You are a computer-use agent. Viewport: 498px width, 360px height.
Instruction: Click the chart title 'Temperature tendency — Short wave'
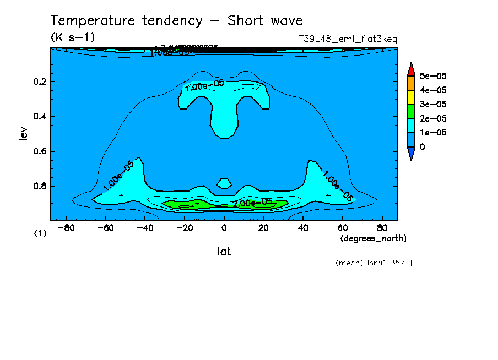(176, 21)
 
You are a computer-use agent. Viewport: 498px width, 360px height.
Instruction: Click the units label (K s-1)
(72, 37)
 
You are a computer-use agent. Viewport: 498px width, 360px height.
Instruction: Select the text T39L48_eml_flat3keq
(347, 39)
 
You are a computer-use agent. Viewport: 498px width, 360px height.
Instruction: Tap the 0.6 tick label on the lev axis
(41, 151)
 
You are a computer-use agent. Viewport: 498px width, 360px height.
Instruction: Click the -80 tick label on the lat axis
(66, 227)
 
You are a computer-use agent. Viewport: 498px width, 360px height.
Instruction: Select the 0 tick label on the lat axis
(224, 227)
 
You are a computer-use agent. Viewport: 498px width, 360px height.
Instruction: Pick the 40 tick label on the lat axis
(303, 227)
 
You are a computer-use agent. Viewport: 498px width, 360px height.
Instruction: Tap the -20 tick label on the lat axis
(184, 227)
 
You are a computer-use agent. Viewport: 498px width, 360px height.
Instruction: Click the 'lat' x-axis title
(224, 252)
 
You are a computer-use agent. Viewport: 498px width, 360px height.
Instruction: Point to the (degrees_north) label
(373, 238)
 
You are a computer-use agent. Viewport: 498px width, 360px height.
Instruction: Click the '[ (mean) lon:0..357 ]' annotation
(370, 263)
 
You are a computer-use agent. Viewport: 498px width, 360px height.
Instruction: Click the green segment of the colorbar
(410, 111)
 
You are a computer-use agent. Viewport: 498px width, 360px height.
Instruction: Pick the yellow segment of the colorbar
(410, 97)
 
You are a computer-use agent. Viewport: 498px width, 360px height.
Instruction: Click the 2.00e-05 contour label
(252, 203)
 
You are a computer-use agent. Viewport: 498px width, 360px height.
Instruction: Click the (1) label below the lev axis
(40, 233)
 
